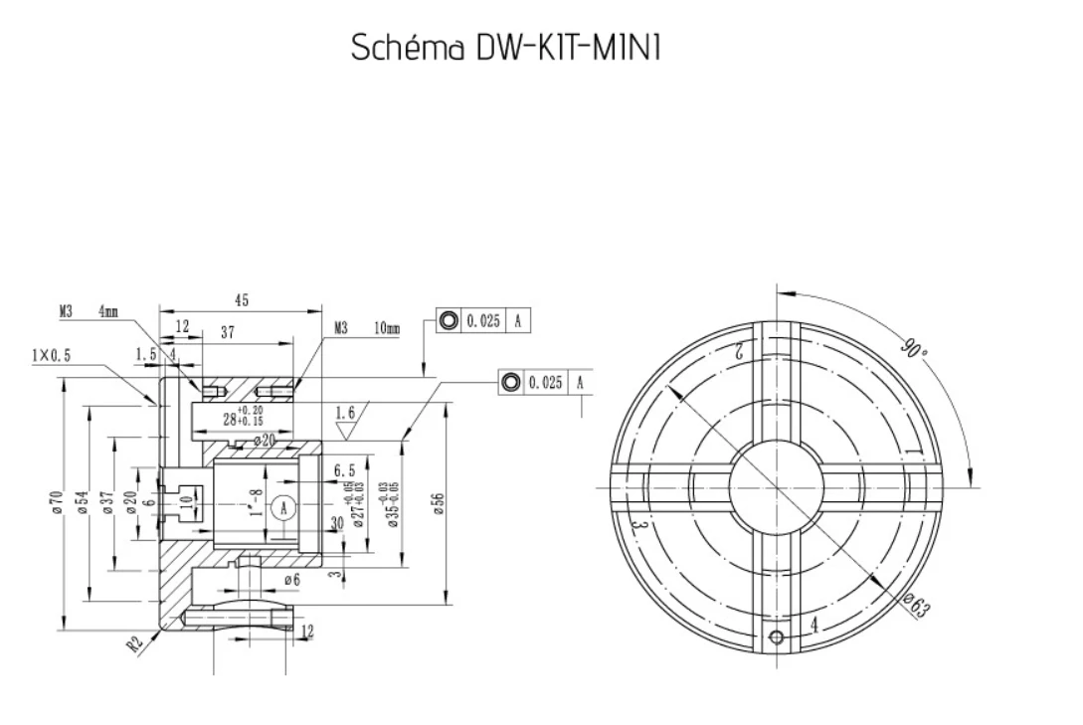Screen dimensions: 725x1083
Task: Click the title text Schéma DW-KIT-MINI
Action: [x=506, y=48]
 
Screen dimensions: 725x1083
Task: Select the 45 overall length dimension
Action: [x=242, y=300]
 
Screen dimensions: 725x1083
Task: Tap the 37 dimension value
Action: [x=227, y=333]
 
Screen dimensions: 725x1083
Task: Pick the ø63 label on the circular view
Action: [x=917, y=603]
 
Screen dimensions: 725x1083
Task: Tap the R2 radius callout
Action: [x=136, y=641]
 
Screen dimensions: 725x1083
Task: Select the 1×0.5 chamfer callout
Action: [x=51, y=355]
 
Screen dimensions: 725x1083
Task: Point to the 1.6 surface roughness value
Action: [x=345, y=412]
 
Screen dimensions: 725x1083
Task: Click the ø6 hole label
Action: [x=291, y=579]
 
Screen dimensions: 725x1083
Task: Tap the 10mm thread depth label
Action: [x=387, y=327]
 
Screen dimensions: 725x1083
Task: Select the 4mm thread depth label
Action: [x=107, y=311]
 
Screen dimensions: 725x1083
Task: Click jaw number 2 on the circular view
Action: [x=740, y=351]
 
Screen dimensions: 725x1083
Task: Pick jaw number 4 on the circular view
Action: [x=814, y=625]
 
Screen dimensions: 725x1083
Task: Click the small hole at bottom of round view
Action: [x=777, y=635]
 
